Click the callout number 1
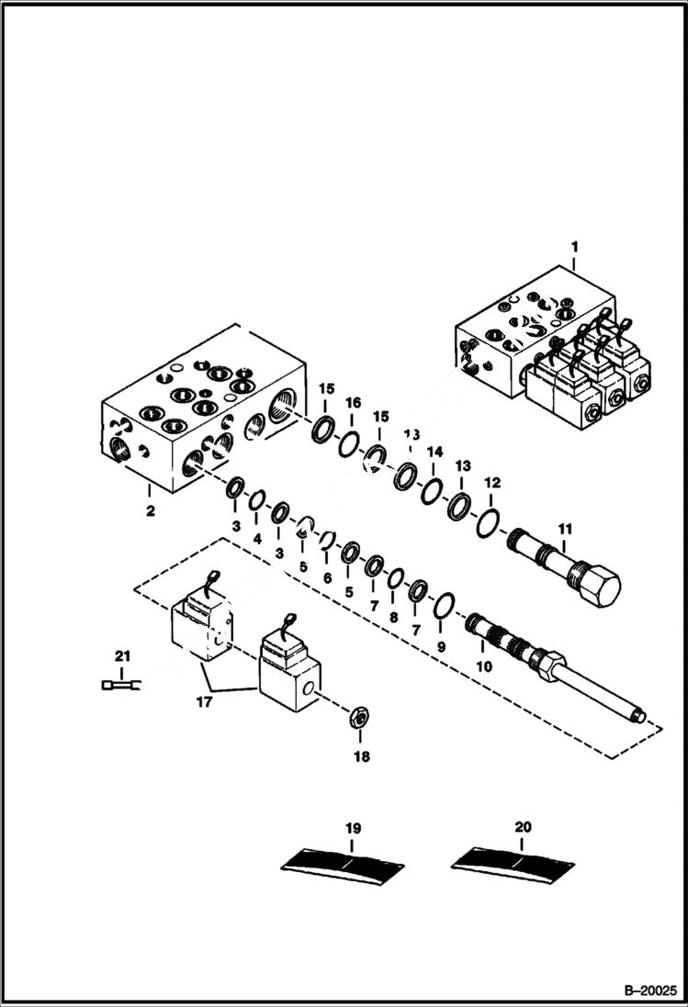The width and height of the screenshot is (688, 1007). [575, 246]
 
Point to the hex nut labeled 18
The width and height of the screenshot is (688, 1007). [360, 717]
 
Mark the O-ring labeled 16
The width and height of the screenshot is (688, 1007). [348, 443]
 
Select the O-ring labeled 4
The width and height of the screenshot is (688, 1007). [257, 500]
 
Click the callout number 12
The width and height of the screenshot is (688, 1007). [492, 482]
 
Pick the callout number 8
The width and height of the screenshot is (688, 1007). [394, 617]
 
